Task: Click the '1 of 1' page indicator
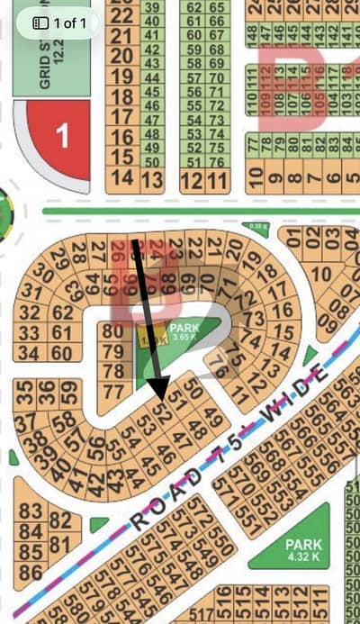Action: [60, 22]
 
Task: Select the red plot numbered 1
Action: [61, 137]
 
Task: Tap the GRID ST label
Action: [45, 62]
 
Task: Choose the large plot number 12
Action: [190, 180]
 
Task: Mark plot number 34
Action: [30, 353]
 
